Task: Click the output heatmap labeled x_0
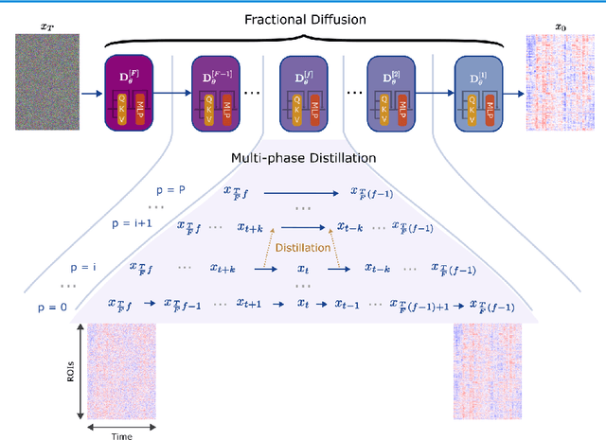558,94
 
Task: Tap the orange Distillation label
303,248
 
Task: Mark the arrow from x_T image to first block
92,94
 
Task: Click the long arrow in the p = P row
302,191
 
